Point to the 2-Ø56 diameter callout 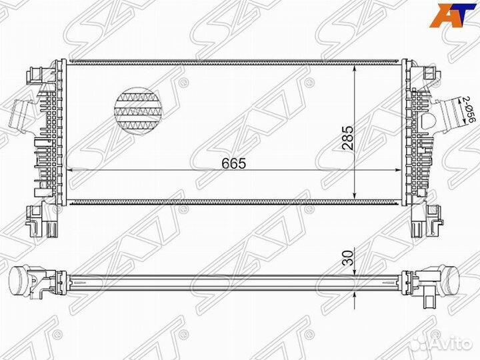[469, 110]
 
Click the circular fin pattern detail [139, 109]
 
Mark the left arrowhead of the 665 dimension [71, 171]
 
